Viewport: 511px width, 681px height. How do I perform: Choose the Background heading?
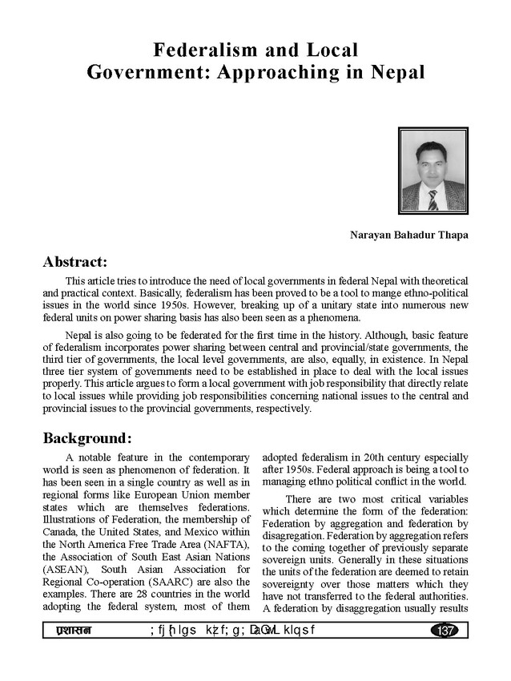87,438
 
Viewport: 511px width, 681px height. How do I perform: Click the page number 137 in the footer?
443,631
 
